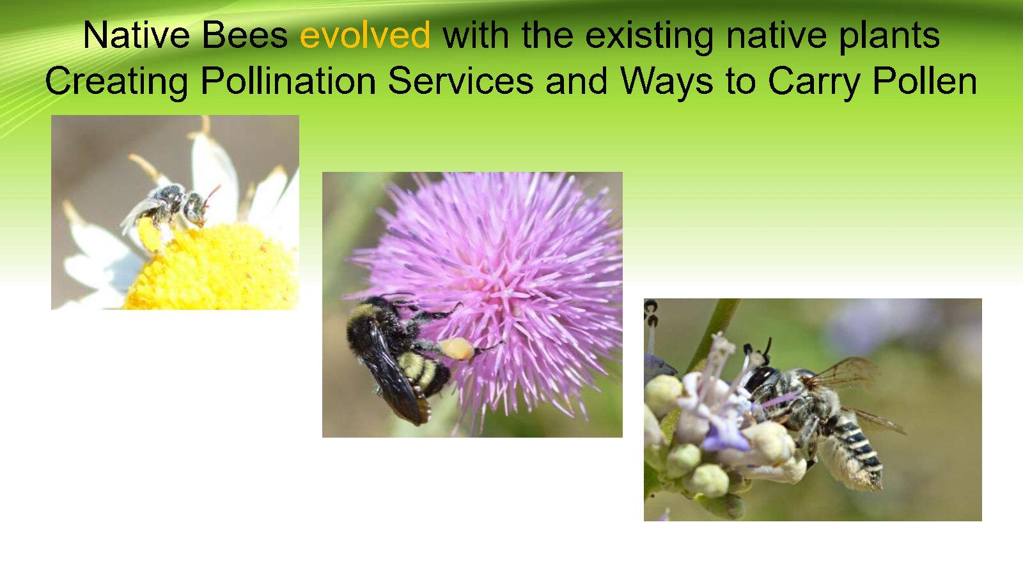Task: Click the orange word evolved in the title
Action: pyautogui.click(x=365, y=35)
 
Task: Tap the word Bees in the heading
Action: pyautogui.click(x=245, y=35)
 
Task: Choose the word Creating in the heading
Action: pyautogui.click(x=116, y=82)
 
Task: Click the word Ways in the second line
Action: pyautogui.click(x=667, y=82)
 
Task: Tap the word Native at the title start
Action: pyautogui.click(x=136, y=35)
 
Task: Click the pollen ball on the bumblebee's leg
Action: pyautogui.click(x=457, y=349)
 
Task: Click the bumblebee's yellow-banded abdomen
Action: pyautogui.click(x=423, y=371)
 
